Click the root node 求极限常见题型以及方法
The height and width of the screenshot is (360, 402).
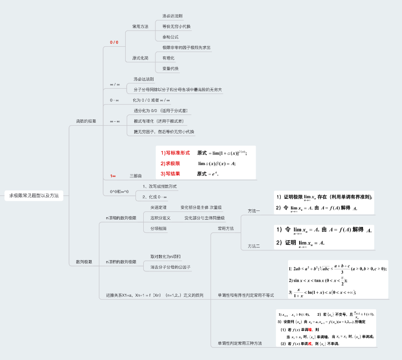pyautogui.click(x=34, y=195)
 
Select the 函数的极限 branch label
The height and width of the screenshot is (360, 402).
pyautogui.click(x=86, y=121)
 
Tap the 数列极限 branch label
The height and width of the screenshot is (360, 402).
pyautogui.click(x=84, y=262)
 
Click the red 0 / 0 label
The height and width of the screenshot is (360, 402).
pyautogui.click(x=114, y=42)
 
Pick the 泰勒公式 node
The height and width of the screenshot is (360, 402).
pyautogui.click(x=171, y=37)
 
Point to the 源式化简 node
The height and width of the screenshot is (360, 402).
pyautogui.click(x=140, y=58)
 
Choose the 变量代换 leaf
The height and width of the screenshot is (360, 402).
pyautogui.click(x=171, y=68)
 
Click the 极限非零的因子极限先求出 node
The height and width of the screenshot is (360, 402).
pyautogui.click(x=186, y=48)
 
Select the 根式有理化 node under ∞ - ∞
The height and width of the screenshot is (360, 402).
pyautogui.click(x=158, y=121)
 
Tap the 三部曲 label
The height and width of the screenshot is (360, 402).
pyautogui.click(x=135, y=175)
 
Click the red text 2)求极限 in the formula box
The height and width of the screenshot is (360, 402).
pyautogui.click(x=171, y=163)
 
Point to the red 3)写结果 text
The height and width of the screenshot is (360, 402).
pyautogui.click(x=171, y=173)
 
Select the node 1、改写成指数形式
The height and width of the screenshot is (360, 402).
pyautogui.click(x=159, y=187)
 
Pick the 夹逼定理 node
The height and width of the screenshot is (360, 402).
pyautogui.click(x=158, y=208)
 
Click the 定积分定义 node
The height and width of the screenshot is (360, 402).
pyautogui.click(x=160, y=218)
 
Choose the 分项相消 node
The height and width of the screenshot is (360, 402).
pyautogui.click(x=158, y=228)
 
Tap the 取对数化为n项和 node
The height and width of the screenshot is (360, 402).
pyautogui.click(x=166, y=256)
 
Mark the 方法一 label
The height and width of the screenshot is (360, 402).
pyautogui.click(x=254, y=211)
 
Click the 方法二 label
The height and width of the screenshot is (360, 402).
pyautogui.click(x=254, y=246)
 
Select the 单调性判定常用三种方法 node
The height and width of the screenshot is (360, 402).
pyautogui.click(x=240, y=343)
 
